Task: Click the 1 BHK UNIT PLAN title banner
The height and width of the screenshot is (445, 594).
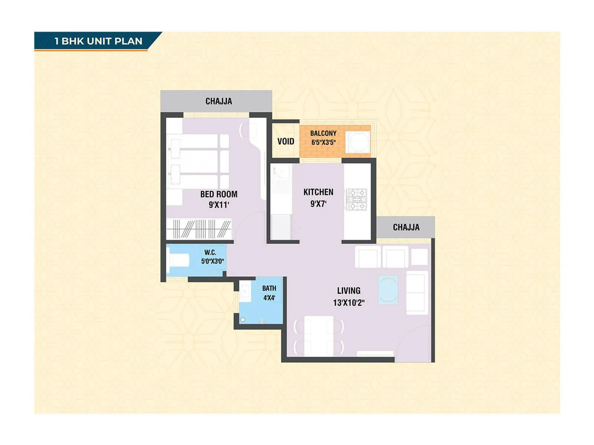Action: point(98,41)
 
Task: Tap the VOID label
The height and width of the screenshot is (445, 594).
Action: point(285,141)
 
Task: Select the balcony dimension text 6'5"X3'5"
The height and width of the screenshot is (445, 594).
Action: point(323,142)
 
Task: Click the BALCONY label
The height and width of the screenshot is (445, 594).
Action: point(323,133)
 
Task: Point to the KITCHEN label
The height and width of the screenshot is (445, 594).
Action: point(318,192)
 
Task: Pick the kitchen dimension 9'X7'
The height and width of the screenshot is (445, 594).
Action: point(318,204)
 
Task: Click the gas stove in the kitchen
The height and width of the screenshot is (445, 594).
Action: point(357,200)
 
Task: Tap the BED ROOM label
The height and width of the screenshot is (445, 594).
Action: point(219,194)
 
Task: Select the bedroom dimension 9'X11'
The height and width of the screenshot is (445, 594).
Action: point(219,205)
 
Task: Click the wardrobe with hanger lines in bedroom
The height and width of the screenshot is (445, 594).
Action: point(199,229)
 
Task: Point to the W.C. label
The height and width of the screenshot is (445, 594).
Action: point(210,253)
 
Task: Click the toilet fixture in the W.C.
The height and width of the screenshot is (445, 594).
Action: point(179,260)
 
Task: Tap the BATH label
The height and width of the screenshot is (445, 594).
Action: point(269,288)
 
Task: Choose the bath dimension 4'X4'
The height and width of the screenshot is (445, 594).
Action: point(269,298)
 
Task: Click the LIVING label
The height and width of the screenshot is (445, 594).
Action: point(349,291)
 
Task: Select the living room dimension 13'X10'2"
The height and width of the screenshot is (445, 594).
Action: point(349,303)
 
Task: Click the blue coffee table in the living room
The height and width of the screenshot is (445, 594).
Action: point(388,290)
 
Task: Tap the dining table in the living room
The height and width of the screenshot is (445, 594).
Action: point(319,336)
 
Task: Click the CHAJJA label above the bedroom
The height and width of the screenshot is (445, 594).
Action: point(219,101)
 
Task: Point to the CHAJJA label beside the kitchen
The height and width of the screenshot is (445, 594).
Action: point(406,227)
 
